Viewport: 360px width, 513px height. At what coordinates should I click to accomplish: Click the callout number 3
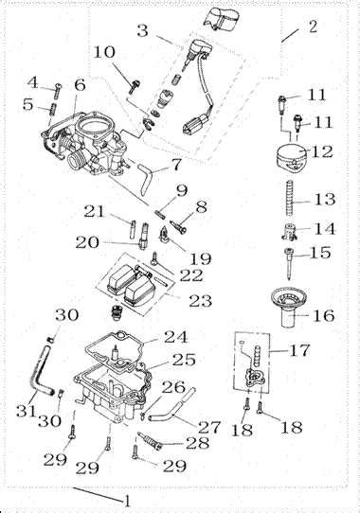click(142, 30)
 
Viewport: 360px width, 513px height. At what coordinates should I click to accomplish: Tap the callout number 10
click(104, 52)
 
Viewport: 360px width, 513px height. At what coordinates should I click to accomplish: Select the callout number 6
click(80, 85)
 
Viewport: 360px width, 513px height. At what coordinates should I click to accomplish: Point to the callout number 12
click(322, 151)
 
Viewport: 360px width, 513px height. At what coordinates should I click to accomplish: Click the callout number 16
click(324, 316)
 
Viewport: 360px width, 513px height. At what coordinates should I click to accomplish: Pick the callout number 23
click(200, 300)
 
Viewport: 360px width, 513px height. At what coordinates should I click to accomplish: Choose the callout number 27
click(208, 427)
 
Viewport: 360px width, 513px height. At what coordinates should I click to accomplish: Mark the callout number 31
click(26, 410)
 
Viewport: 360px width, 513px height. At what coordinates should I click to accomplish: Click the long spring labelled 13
click(290, 199)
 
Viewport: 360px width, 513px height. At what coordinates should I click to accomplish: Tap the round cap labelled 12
click(291, 158)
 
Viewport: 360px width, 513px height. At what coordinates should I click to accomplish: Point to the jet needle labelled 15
click(288, 264)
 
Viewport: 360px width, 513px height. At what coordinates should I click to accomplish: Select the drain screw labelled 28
click(150, 440)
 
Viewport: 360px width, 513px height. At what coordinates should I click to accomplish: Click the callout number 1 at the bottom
click(126, 501)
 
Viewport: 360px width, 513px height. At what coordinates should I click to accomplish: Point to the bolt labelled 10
click(135, 86)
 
